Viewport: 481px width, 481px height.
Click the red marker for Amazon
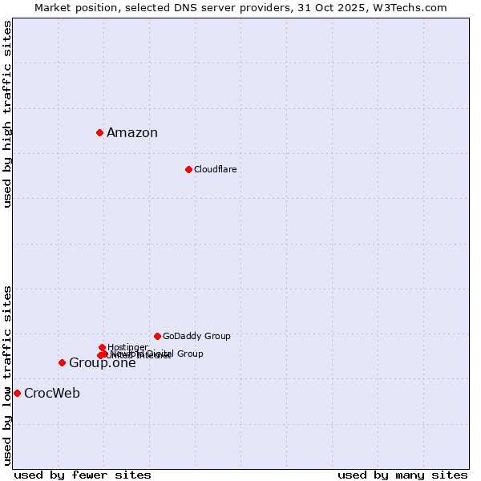(x=99, y=132)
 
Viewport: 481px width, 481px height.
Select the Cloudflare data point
(x=188, y=169)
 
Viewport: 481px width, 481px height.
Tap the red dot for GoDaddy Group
(x=157, y=336)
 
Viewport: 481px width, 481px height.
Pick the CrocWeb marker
(x=17, y=393)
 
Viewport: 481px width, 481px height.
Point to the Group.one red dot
(x=62, y=362)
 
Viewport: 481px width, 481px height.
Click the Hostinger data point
(x=102, y=347)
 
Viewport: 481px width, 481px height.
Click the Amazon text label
(x=132, y=133)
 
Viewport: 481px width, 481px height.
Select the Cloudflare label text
(x=215, y=169)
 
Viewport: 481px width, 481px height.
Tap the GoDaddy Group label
(x=196, y=336)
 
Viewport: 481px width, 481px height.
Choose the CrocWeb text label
(x=52, y=393)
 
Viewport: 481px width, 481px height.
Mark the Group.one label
(x=102, y=363)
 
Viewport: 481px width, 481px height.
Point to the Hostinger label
(x=127, y=347)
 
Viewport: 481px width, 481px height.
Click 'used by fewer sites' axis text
(x=83, y=475)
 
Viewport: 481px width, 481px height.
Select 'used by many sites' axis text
(x=402, y=475)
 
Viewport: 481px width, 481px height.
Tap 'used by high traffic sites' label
(x=8, y=114)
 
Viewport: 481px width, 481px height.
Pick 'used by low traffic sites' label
(x=8, y=374)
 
